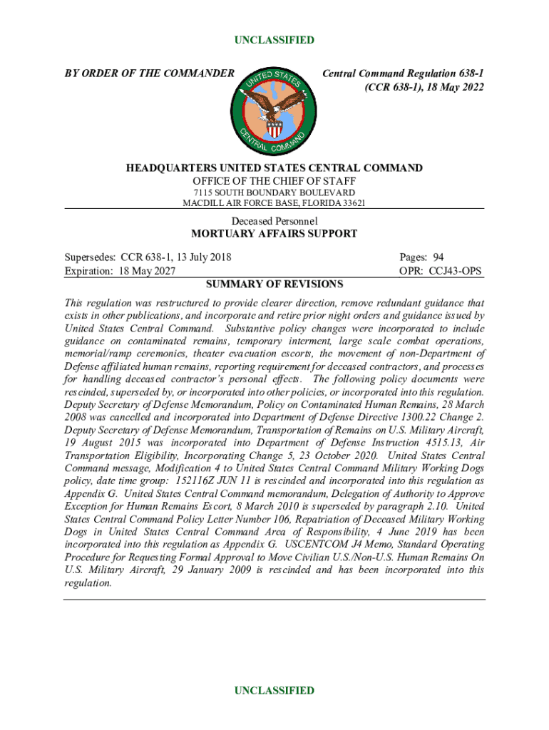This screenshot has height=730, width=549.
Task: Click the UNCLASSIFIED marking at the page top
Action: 274,40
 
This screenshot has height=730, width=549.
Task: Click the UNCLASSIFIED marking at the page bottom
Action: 274,690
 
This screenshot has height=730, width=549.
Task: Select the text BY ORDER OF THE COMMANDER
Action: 149,73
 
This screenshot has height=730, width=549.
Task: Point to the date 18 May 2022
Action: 452,88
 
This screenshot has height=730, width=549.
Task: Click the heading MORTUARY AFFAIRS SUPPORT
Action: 274,234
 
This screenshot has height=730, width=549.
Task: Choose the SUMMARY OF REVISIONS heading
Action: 274,284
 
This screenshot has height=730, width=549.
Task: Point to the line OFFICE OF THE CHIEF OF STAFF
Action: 274,180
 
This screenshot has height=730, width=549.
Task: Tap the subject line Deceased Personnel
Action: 274,221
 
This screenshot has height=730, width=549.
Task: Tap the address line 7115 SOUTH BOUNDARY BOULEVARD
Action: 274,192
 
